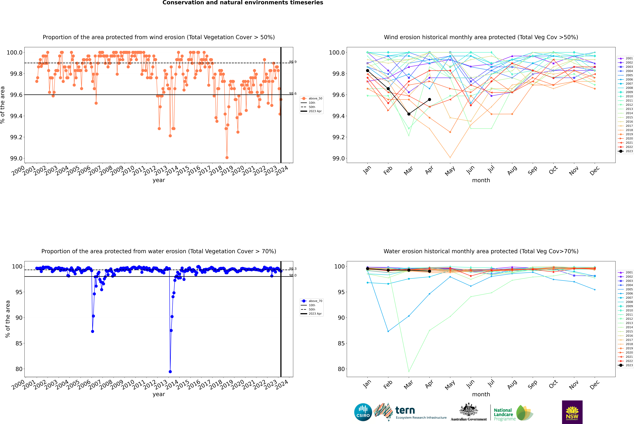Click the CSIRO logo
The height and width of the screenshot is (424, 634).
pos(363,412)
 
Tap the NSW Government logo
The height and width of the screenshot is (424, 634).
pos(572,412)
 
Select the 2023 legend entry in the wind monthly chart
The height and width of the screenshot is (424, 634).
pos(626,151)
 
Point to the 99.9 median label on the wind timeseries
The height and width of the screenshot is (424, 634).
pos(293,62)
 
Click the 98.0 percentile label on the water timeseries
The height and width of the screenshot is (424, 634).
pos(293,275)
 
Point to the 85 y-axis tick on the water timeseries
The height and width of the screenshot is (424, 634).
pos(19,343)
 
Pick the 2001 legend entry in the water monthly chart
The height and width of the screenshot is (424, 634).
pos(626,272)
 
